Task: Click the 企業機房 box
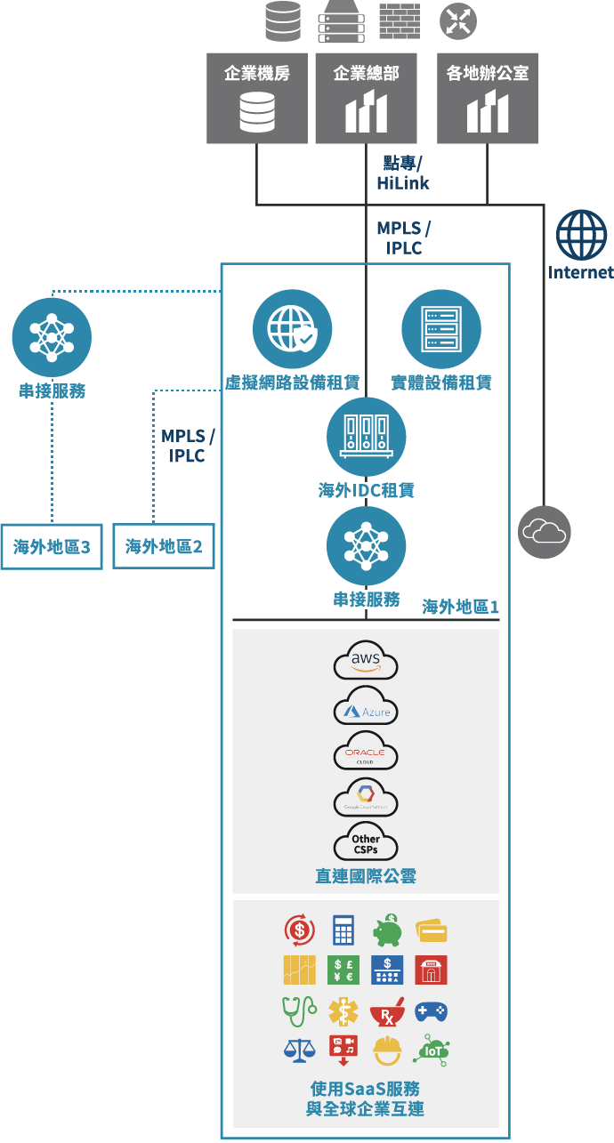click(x=257, y=98)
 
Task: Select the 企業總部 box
click(x=366, y=98)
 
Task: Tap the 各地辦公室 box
click(x=487, y=98)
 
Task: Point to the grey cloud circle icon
click(x=545, y=533)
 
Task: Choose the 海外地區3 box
click(x=52, y=547)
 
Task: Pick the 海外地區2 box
click(x=164, y=547)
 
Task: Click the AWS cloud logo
click(x=366, y=662)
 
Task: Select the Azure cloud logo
click(x=366, y=708)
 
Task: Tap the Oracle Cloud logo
click(x=366, y=753)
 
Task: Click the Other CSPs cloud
click(x=366, y=841)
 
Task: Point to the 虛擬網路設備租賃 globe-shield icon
click(x=293, y=329)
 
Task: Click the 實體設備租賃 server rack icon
click(x=441, y=329)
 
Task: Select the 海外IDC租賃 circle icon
click(x=366, y=438)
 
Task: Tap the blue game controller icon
click(x=431, y=1011)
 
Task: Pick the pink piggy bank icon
click(x=387, y=931)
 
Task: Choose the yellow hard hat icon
click(x=387, y=1051)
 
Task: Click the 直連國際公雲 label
click(x=366, y=876)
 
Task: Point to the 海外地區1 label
click(x=460, y=607)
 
